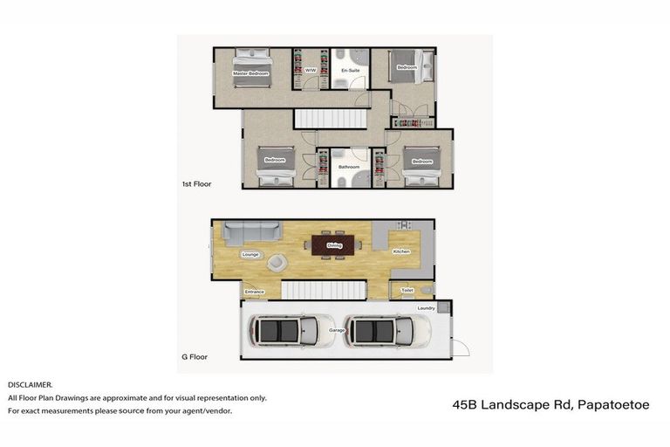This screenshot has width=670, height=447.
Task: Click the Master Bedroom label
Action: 250,74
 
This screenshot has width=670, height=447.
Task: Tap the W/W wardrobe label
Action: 311,71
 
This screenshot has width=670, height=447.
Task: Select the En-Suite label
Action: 350,71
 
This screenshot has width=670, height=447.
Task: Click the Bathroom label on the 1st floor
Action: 349,166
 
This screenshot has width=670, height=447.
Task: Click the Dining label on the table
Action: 334,246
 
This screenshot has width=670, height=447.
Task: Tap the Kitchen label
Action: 400,251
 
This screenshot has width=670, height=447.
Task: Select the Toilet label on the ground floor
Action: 407,290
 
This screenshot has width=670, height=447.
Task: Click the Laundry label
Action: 426,308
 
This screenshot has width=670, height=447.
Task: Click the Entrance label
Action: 255,292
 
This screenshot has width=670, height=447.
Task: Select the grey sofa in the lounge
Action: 250,232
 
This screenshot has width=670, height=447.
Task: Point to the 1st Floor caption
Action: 196,184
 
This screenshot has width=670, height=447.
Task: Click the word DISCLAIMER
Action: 31,384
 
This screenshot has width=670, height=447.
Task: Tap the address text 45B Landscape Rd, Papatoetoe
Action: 551,405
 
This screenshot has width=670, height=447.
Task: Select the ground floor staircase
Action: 325,291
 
